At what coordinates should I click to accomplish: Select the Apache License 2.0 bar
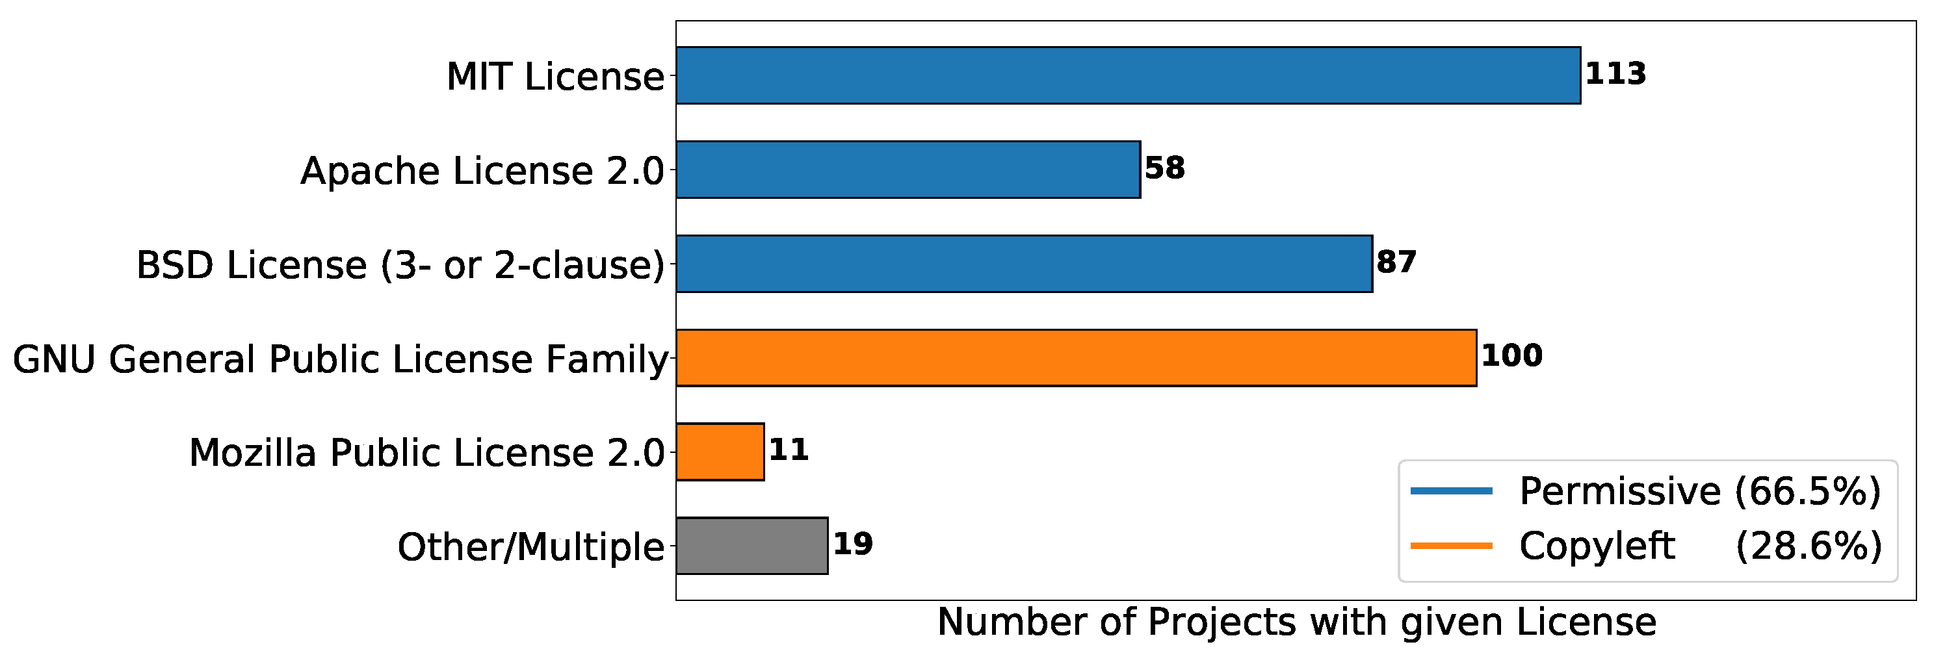point(908,170)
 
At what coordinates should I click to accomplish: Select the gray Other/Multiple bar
point(751,546)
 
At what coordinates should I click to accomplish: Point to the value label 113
point(1615,73)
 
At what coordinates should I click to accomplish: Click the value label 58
point(1164,168)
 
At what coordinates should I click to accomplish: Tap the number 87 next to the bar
point(1396,262)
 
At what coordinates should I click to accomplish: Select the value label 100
point(1511,355)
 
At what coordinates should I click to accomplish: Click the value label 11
point(789,450)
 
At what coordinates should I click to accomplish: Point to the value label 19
point(853,544)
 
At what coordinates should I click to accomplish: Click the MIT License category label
point(555,77)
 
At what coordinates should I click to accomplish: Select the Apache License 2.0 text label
point(482,171)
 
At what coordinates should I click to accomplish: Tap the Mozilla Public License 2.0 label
point(426,453)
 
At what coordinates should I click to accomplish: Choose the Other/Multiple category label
point(530,547)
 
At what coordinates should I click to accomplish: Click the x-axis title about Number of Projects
point(1296,622)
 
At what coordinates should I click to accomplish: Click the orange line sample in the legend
point(1451,546)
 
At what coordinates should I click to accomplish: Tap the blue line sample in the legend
point(1451,491)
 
